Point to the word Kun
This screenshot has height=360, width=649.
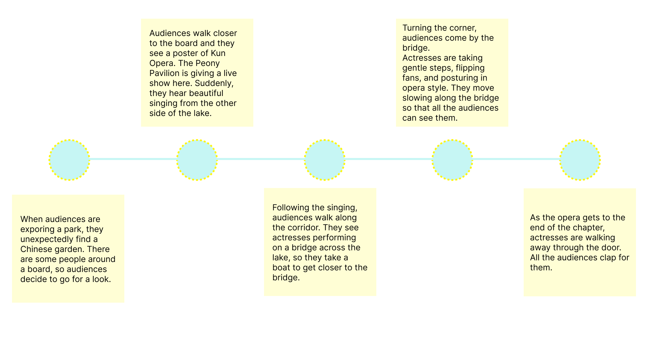(x=218, y=53)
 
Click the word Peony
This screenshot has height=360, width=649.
(x=207, y=63)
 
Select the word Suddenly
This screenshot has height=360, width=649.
(x=214, y=83)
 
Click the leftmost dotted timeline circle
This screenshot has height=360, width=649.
(x=69, y=160)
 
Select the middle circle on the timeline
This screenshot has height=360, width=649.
(x=324, y=160)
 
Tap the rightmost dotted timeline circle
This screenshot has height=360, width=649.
(x=580, y=160)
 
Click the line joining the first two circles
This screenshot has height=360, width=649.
(x=133, y=159)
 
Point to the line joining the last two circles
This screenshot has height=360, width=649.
(x=516, y=159)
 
